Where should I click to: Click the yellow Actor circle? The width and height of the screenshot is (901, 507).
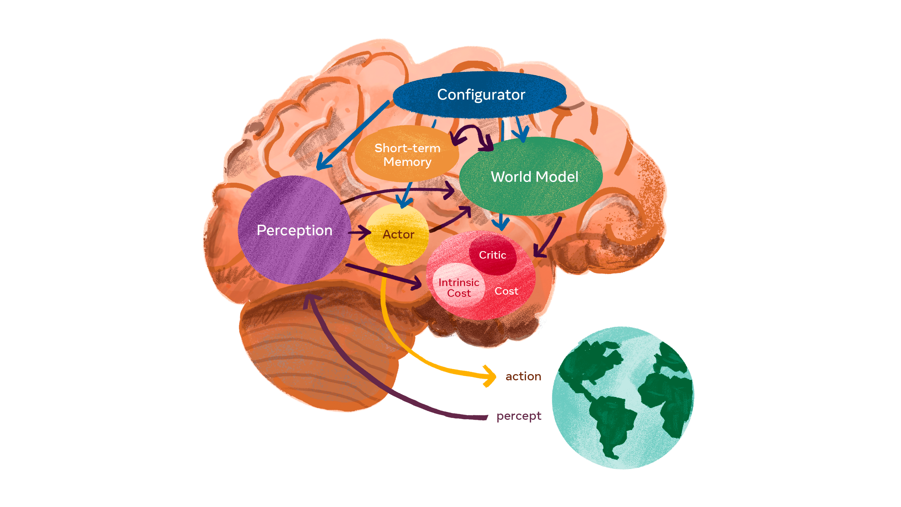pos(397,245)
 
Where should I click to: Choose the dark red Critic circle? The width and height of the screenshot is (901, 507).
pos(492,255)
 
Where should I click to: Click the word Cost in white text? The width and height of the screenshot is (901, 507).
pos(506,291)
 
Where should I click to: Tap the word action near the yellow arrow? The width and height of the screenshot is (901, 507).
pos(523,376)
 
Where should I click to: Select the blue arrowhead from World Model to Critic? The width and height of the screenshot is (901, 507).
pos(501,224)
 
